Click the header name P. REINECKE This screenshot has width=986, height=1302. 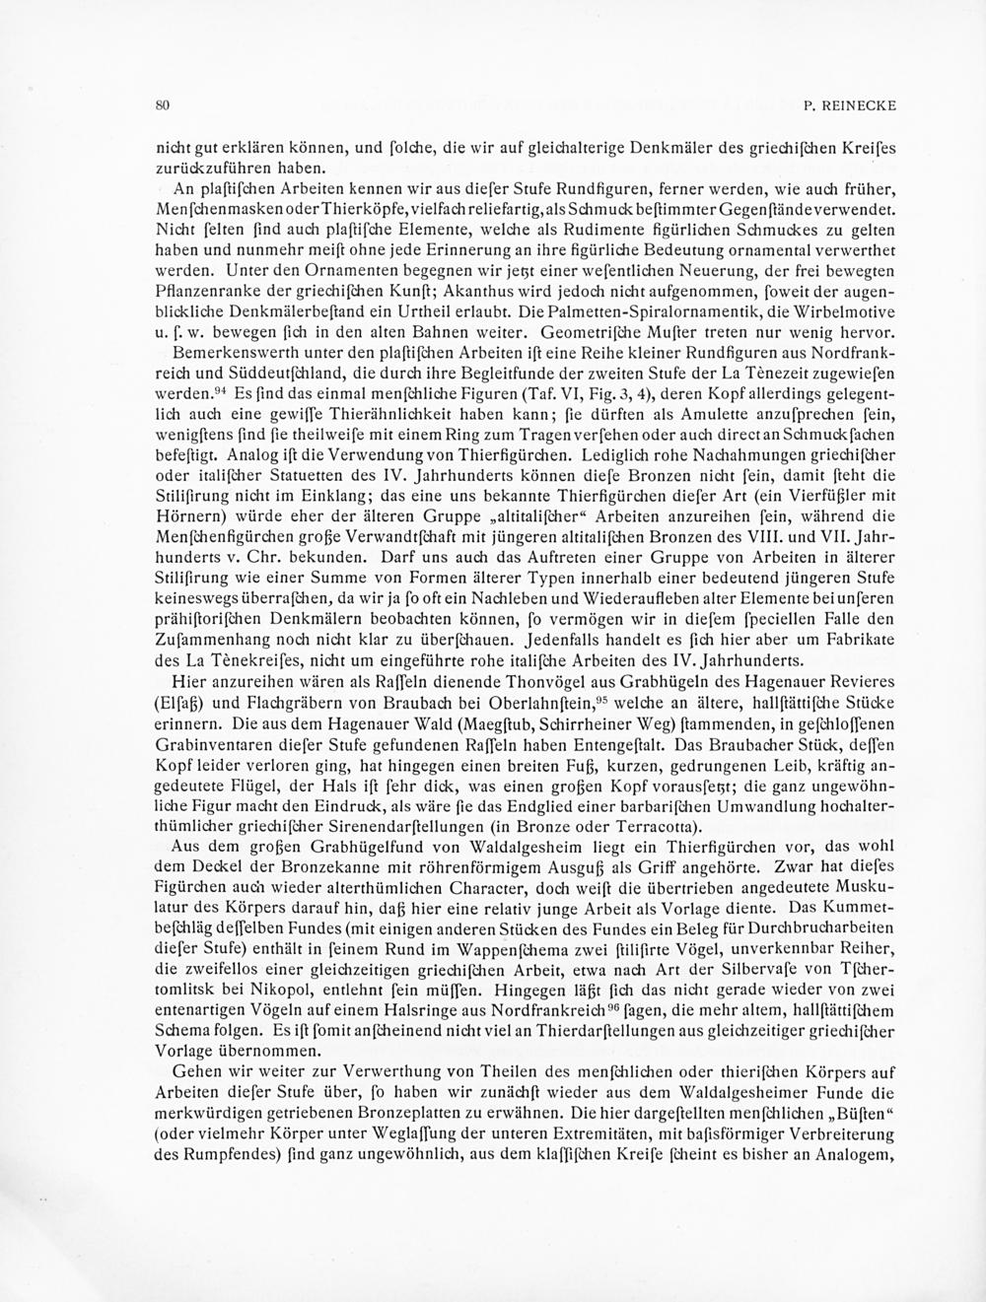click(850, 104)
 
